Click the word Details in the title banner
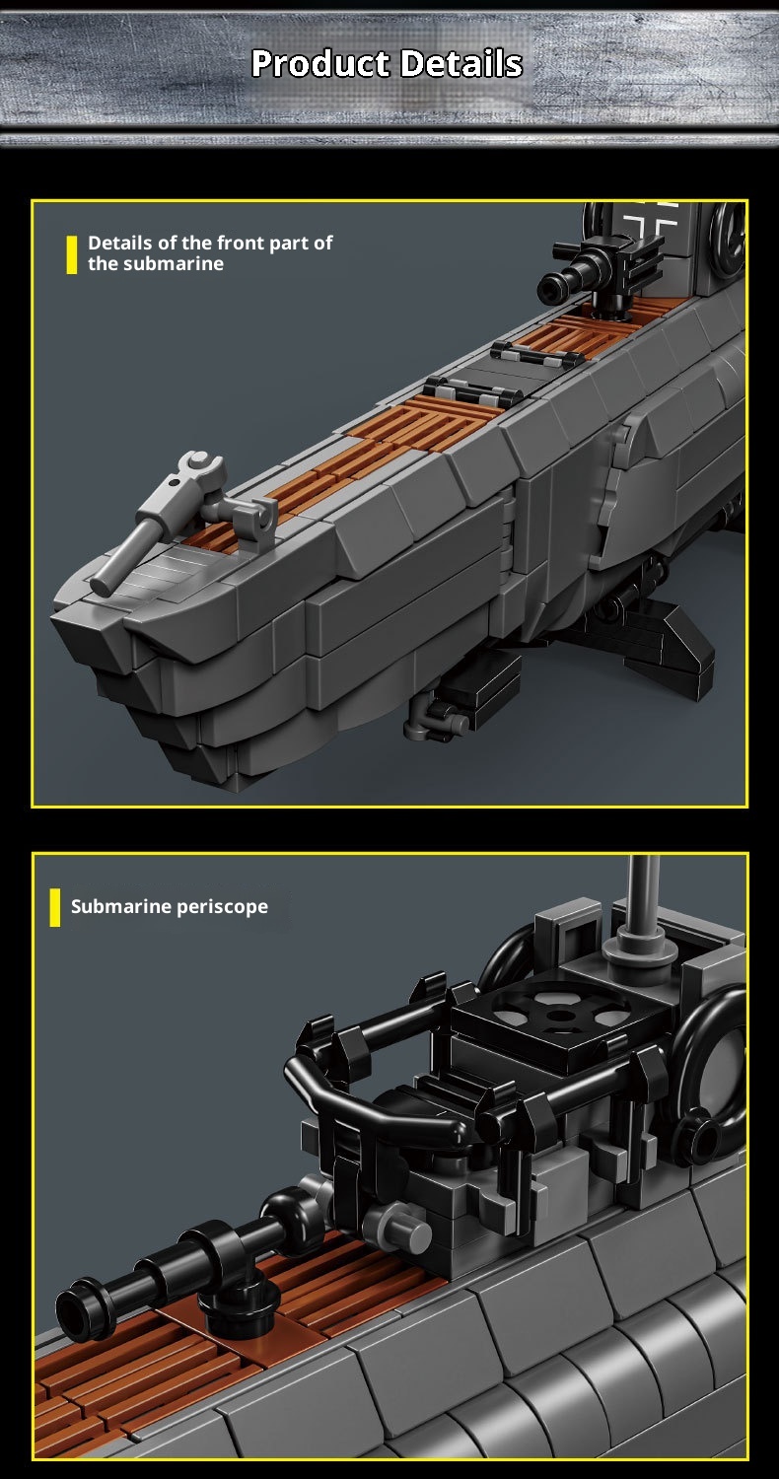[461, 63]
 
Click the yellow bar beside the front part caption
[72, 254]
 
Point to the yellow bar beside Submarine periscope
[55, 907]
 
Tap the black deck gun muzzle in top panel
[549, 288]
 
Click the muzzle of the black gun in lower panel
[75, 1308]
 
